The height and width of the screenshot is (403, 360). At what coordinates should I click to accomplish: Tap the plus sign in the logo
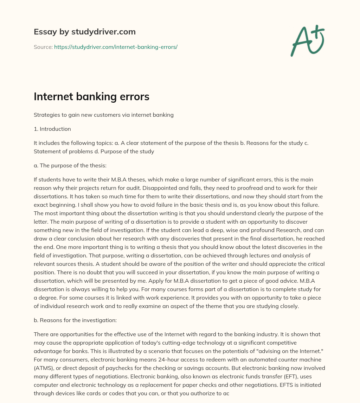(x=318, y=32)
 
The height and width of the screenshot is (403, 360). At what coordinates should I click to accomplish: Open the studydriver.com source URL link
(x=116, y=47)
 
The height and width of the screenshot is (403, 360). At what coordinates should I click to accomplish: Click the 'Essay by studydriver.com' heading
(x=84, y=32)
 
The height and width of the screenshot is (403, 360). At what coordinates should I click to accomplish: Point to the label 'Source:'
(x=43, y=47)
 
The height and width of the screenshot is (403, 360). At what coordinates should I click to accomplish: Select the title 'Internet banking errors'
(x=91, y=97)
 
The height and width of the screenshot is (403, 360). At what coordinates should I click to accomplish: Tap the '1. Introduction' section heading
(x=52, y=129)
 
